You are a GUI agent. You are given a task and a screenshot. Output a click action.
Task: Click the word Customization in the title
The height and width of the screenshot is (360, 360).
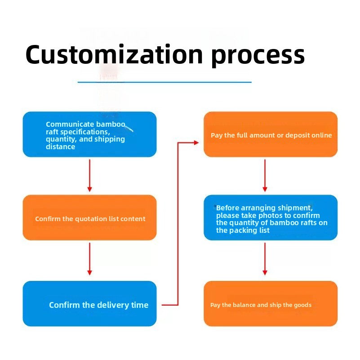pos(114,54)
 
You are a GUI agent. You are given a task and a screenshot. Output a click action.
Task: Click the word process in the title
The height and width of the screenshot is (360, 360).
pos(258,57)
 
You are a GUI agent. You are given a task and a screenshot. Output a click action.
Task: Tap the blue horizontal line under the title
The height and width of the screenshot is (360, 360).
pos(164,82)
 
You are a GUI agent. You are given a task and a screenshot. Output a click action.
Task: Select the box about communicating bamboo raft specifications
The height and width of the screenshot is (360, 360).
pos(89,134)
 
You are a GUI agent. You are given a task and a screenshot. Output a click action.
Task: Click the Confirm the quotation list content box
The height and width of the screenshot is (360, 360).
pos(89,218)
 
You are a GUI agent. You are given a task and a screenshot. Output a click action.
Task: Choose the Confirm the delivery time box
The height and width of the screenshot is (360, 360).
pos(89,303)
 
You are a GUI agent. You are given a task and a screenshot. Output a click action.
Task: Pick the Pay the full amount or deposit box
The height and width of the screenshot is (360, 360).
pos(271,134)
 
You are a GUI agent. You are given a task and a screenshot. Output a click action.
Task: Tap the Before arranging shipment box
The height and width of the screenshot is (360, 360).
pos(271,218)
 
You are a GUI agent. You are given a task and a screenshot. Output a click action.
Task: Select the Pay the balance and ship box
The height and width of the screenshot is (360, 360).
pos(271,303)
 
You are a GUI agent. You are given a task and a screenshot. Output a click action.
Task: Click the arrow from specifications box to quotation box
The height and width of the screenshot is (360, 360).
pos(90,176)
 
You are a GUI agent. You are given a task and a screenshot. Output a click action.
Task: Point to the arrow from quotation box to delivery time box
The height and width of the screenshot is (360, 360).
pos(90,259)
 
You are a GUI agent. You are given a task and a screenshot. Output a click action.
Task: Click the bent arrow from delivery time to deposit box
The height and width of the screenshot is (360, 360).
pos(178,224)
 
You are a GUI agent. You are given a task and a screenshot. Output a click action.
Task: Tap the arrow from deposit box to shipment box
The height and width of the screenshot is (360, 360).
pos(265,176)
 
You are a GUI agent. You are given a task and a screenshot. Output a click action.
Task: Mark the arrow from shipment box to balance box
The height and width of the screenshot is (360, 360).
pos(265,259)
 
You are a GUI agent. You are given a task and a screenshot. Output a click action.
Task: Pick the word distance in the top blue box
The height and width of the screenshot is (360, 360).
pos(60,147)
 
